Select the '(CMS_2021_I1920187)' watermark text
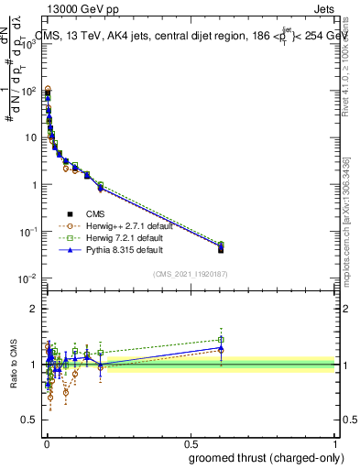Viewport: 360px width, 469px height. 191,273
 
